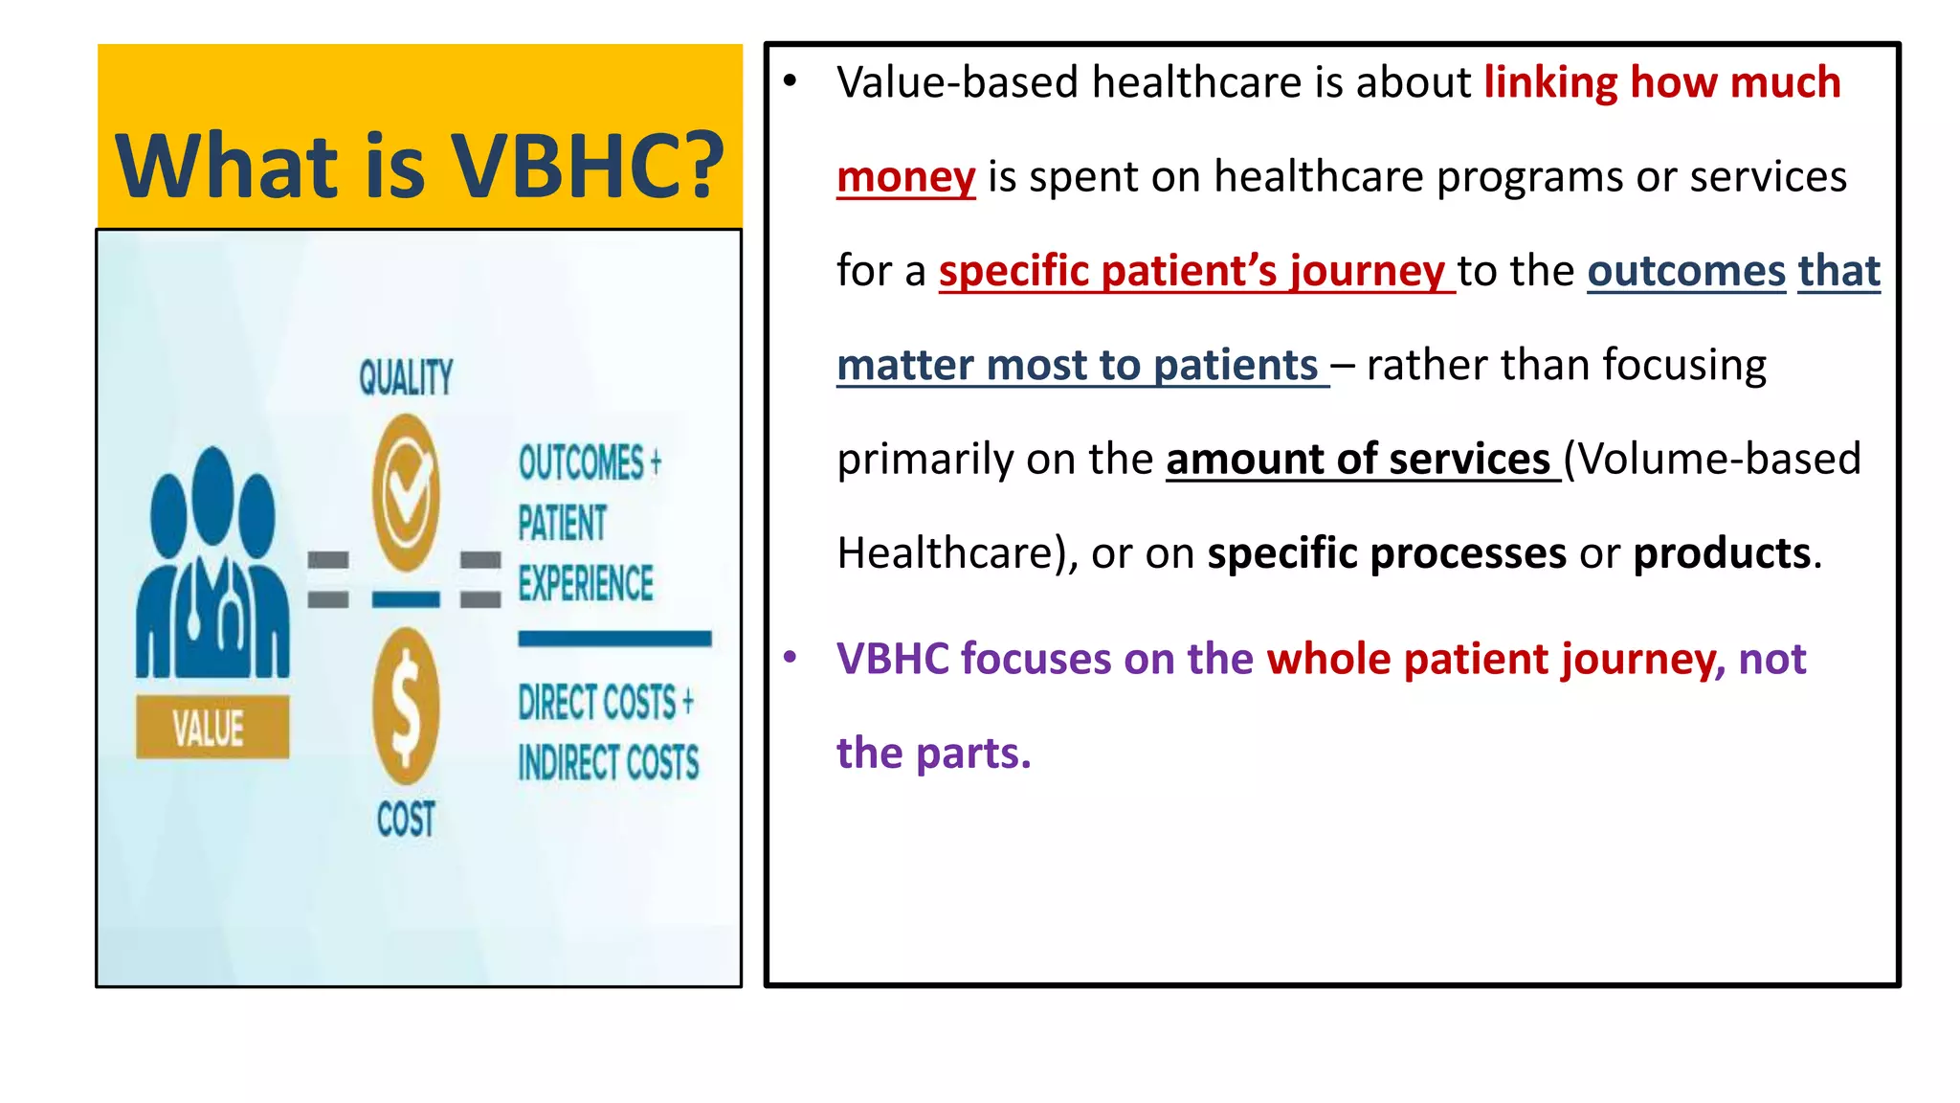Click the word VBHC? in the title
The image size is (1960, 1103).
[587, 166]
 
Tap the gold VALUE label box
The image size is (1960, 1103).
[212, 728]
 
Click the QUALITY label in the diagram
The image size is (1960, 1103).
[406, 377]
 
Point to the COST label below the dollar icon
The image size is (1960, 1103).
[406, 820]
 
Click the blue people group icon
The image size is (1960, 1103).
[212, 565]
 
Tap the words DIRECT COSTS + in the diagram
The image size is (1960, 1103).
[605, 702]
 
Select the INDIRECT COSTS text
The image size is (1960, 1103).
[609, 763]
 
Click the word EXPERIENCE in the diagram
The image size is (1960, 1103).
[586, 584]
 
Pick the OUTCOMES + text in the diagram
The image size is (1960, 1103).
[590, 462]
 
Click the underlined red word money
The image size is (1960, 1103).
[905, 177]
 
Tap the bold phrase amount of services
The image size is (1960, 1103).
[1358, 460]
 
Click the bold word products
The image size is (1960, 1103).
[1722, 553]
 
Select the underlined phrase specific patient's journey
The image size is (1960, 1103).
[1192, 271]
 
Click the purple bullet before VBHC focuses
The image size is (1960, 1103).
[791, 658]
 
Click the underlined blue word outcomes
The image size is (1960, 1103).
[1686, 271]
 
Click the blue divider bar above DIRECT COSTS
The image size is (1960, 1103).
[614, 639]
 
